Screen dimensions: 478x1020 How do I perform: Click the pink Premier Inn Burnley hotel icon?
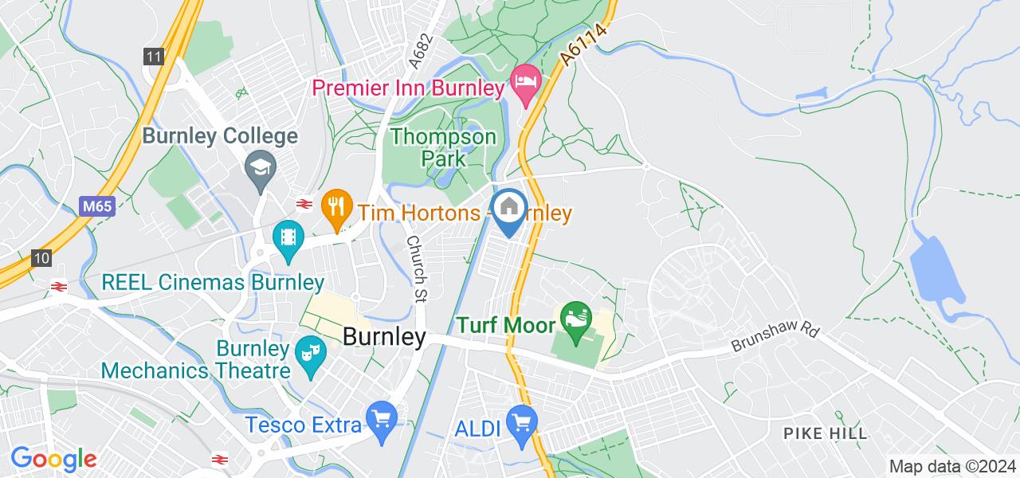[525, 81]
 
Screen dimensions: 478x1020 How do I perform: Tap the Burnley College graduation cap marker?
[261, 167]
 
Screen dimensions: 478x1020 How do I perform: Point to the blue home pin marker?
[508, 208]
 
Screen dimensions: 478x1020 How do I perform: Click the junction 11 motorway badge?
[154, 57]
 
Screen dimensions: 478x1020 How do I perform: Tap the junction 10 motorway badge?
[42, 257]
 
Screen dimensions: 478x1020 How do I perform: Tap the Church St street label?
[414, 268]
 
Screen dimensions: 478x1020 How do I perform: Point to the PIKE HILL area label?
[825, 434]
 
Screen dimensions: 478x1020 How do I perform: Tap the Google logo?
[53, 459]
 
